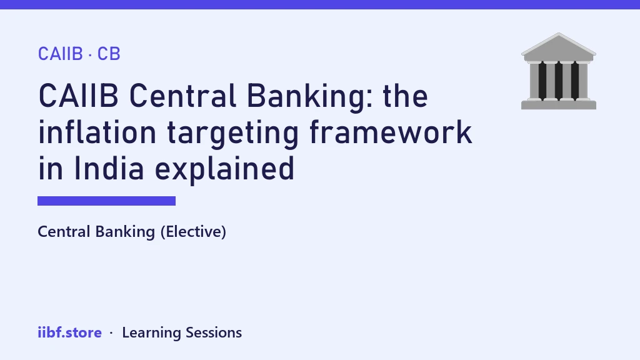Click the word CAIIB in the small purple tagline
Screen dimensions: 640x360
point(61,54)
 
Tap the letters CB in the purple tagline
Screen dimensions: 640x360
point(109,54)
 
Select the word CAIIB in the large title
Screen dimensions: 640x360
point(78,96)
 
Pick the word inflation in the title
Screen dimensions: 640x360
point(97,132)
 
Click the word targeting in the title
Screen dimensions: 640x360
point(233,134)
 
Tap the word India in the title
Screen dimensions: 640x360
point(109,168)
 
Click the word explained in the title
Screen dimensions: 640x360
point(224,170)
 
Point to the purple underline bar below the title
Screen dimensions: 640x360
point(106,201)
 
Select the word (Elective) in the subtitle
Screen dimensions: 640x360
point(193,232)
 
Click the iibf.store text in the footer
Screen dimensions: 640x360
point(70,332)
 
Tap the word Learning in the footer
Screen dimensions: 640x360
point(151,333)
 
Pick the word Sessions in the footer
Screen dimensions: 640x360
point(214,332)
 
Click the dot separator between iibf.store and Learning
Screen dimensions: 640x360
point(111,333)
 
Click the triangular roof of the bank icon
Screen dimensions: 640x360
point(558,47)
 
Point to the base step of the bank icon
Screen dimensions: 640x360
point(558,105)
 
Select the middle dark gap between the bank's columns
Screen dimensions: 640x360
point(558,81)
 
